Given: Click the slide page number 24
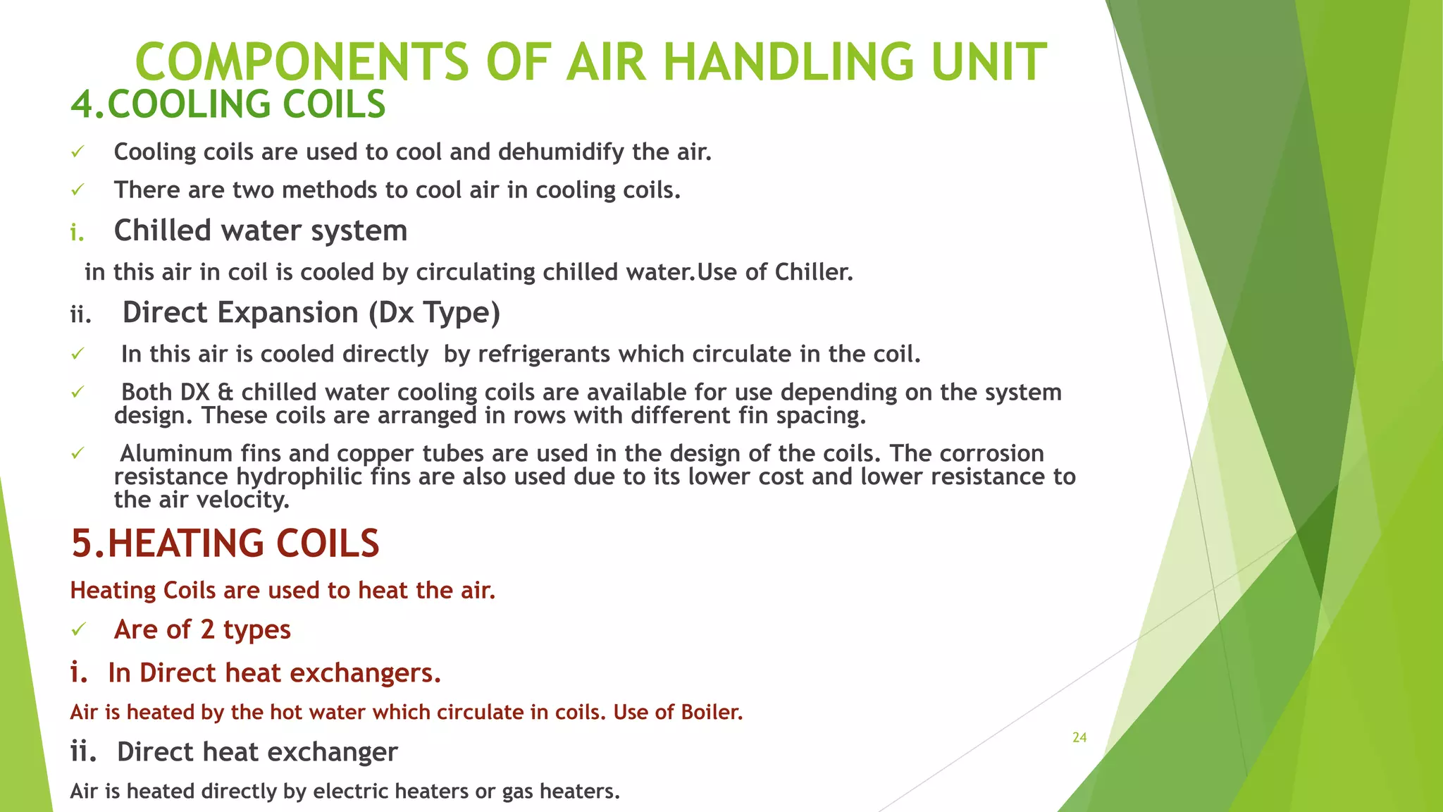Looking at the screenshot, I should point(1079,737).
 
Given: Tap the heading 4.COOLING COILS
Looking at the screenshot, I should point(228,104).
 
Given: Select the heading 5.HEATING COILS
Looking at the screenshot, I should point(225,543).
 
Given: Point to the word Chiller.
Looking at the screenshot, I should point(814,272).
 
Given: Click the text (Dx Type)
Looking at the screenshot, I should point(434,313).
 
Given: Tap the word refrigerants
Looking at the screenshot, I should point(543,354).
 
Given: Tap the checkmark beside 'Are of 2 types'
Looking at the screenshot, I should point(78,629).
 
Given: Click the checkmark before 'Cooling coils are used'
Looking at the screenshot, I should point(78,152).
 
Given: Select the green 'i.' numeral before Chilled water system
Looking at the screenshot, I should point(77,233).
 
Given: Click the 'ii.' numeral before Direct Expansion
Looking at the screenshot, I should point(80,314).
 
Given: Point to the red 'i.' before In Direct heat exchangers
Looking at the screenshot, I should point(78,673).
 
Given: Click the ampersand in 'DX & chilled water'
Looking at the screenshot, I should point(225,393).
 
